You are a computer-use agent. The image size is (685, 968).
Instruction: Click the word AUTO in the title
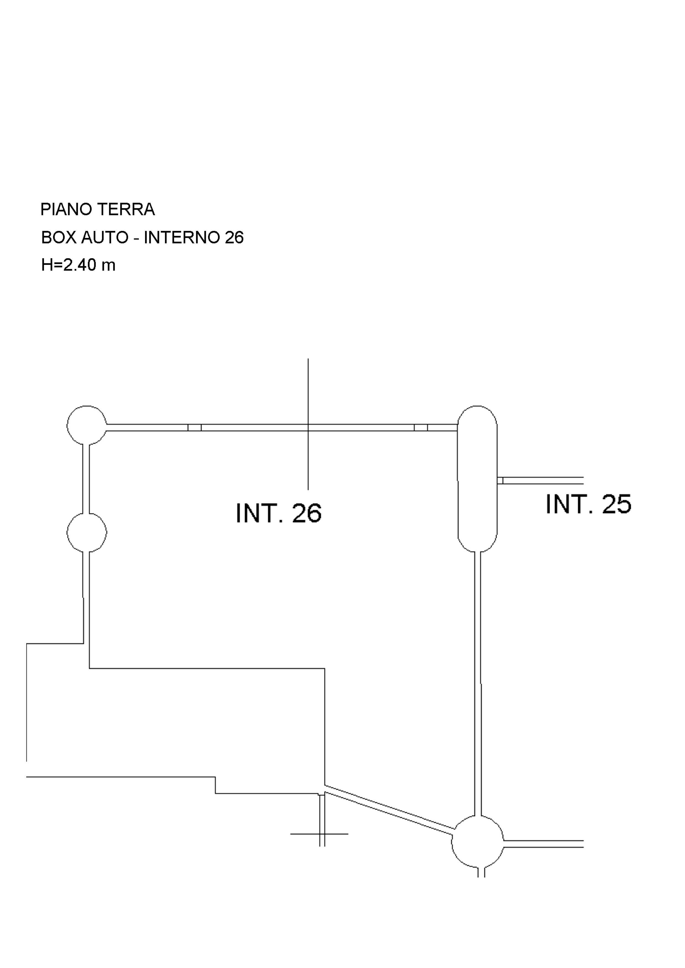pos(105,238)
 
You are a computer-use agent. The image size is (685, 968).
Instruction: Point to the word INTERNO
pos(181,238)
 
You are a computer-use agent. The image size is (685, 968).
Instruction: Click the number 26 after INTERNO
pos(234,238)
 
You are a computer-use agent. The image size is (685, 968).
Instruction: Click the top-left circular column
pos(86,425)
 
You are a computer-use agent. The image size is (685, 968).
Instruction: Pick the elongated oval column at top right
pos(477,478)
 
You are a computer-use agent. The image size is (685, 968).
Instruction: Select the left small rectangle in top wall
pos(194,427)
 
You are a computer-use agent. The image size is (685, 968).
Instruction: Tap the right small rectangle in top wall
pos(421,427)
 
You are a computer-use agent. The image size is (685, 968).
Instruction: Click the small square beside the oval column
pos(500,481)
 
